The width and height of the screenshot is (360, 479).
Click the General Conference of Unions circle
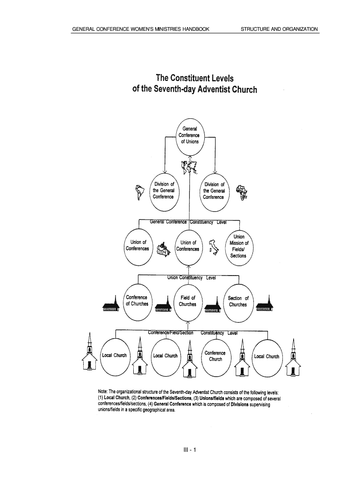click(189, 136)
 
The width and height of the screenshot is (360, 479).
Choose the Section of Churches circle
click(238, 301)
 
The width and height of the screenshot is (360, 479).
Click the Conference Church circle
click(215, 356)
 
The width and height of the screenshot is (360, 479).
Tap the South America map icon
click(138, 192)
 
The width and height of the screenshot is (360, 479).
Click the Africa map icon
click(242, 192)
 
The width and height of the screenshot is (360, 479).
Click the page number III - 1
click(191, 450)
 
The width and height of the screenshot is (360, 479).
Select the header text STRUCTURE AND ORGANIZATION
click(279, 29)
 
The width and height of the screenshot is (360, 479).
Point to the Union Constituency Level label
click(192, 278)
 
